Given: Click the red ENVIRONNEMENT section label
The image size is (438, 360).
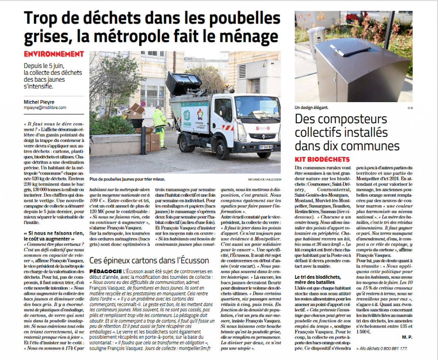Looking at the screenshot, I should pyautogui.click(x=54, y=54).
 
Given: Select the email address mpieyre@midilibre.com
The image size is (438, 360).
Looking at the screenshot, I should pyautogui.click(x=48, y=108).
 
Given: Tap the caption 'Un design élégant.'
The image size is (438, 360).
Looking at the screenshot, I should pyautogui.click(x=312, y=108).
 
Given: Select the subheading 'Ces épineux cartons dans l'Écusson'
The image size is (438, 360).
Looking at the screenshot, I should pyautogui.click(x=149, y=260).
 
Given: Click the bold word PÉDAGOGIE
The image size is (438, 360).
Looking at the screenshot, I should pyautogui.click(x=105, y=271).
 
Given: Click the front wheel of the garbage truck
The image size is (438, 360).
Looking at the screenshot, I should pyautogui.click(x=223, y=149).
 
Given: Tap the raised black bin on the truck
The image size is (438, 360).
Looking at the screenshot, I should pyautogui.click(x=183, y=83).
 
